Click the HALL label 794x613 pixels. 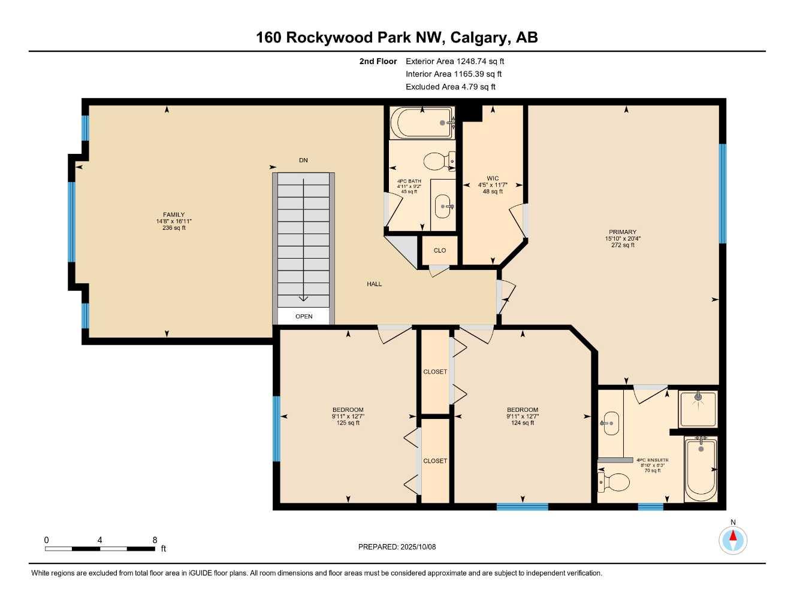coord(375,284)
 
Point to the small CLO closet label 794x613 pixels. coord(440,250)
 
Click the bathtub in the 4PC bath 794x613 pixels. coord(421,123)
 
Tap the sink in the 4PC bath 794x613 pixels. coord(443,207)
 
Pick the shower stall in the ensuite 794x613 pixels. coord(698,409)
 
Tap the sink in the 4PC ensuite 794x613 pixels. coord(611,423)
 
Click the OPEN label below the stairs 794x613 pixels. coord(304,316)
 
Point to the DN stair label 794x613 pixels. coord(303,160)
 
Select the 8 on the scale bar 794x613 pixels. coord(155,540)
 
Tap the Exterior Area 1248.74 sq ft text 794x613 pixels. coord(455,61)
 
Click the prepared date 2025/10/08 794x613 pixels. coord(418,547)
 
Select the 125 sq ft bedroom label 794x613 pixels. coord(348,423)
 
